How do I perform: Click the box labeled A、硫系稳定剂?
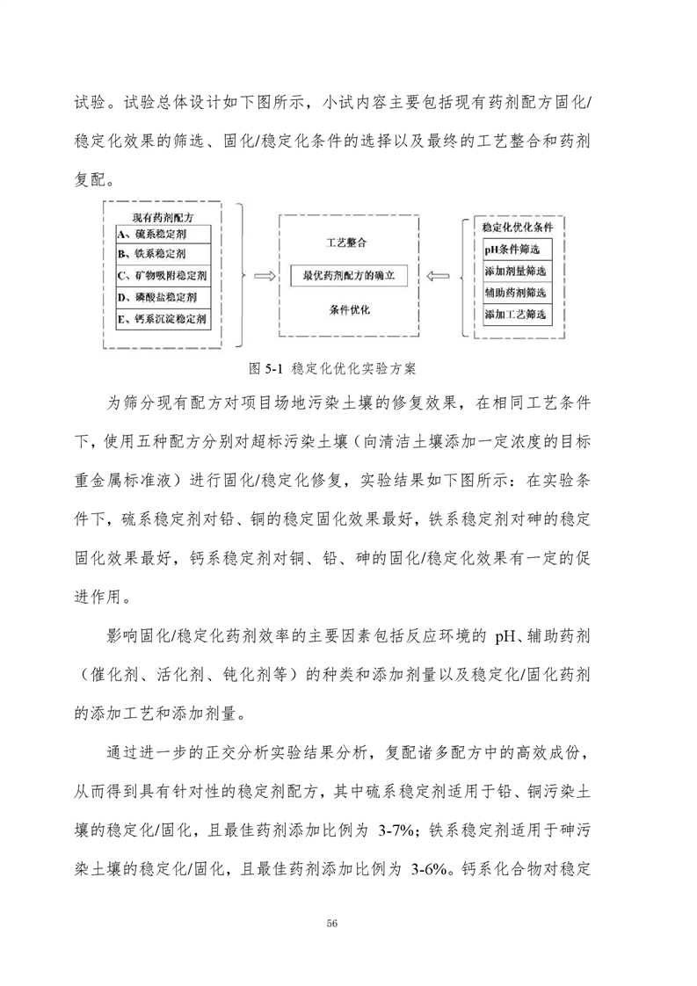[163, 235]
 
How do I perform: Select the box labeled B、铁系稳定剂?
[163, 255]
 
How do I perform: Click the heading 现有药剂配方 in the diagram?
[163, 216]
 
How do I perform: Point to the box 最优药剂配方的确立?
[349, 275]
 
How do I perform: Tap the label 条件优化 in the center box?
[349, 310]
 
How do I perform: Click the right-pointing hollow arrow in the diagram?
[262, 276]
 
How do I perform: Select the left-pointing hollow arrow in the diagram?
[437, 276]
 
